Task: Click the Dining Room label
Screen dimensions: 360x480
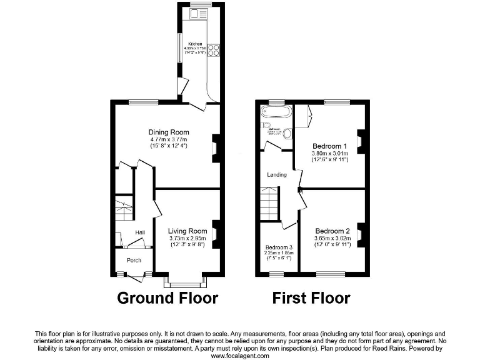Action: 168,132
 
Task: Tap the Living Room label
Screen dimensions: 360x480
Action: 187,231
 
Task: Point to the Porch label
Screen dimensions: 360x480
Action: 134,261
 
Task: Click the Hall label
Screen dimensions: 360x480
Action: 140,233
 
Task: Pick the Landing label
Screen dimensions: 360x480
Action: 277,174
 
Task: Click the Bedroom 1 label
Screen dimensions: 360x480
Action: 329,146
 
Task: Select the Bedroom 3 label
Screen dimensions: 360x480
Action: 278,247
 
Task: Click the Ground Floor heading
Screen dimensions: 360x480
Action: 167,297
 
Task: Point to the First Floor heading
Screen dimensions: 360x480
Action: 311,297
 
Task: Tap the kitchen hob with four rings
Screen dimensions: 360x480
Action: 212,49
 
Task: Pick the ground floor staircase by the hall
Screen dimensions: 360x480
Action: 124,209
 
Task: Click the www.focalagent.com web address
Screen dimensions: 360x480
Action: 239,356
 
